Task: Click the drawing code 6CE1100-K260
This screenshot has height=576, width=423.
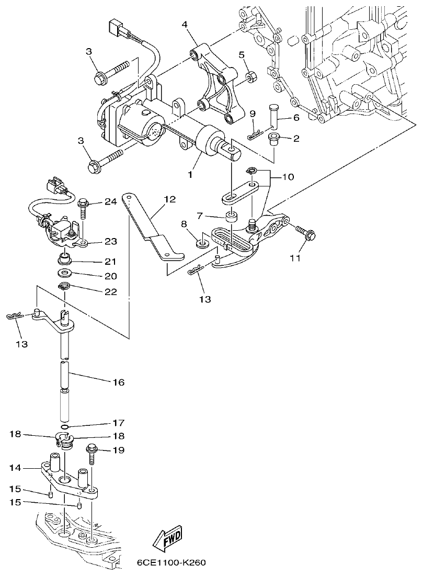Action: point(171,563)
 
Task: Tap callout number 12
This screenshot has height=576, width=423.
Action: point(169,199)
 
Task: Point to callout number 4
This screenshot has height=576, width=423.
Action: point(185,25)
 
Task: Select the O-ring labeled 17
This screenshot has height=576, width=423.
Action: point(65,423)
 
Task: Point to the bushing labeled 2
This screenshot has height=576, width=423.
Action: point(272,138)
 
